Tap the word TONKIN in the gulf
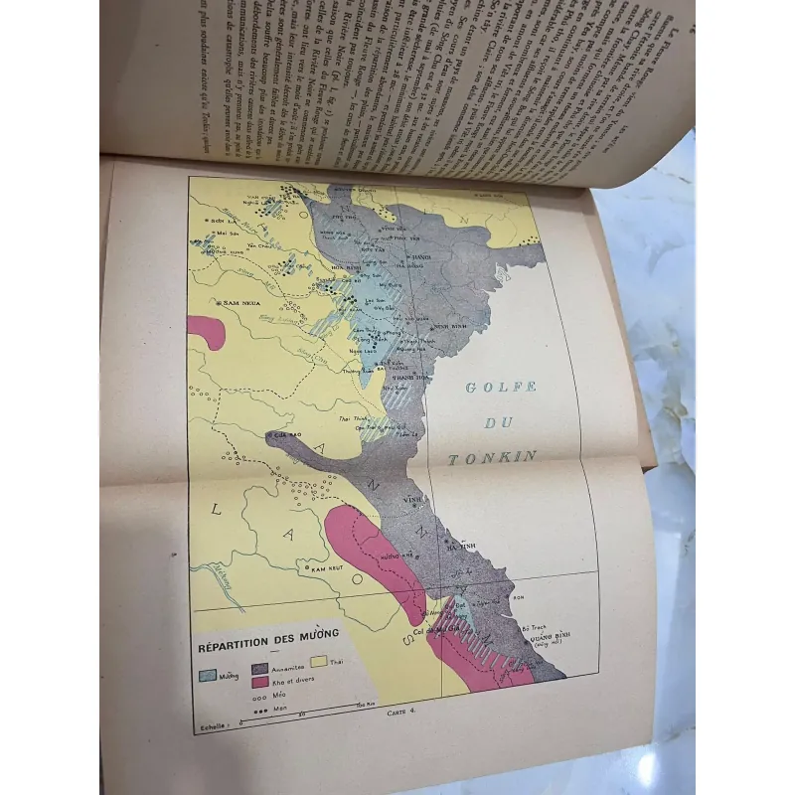click(x=493, y=458)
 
